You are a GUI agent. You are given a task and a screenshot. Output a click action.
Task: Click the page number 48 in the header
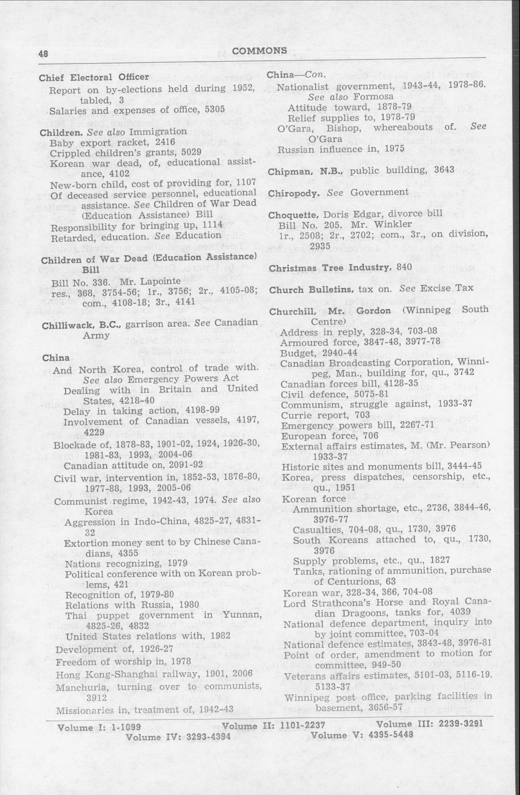click(x=44, y=53)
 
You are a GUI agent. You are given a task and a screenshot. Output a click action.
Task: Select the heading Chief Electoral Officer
click(x=94, y=77)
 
